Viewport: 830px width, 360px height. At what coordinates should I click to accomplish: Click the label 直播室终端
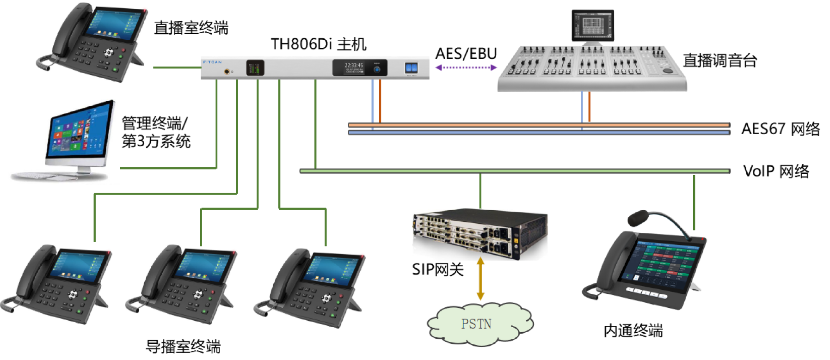[x=191, y=28]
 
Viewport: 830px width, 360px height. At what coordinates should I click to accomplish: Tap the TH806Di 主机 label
[x=319, y=44]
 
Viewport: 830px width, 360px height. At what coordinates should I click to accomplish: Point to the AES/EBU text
[x=466, y=54]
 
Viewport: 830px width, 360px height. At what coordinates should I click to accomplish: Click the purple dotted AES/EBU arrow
[x=466, y=67]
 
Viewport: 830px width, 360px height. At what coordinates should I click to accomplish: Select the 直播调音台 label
[x=719, y=61]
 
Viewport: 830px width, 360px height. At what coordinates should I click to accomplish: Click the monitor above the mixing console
[x=592, y=24]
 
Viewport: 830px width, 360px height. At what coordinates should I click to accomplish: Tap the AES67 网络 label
[x=781, y=129]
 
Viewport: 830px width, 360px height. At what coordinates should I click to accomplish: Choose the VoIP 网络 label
[x=776, y=171]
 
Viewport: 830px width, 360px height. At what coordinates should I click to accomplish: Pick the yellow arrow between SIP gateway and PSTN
[x=480, y=279]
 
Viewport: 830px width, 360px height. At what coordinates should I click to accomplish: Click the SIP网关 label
[x=437, y=269]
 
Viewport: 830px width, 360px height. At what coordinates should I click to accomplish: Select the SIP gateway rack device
[x=480, y=233]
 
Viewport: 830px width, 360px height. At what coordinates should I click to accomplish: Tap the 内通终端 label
[x=633, y=331]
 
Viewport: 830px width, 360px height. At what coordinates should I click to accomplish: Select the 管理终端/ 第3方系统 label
[x=155, y=132]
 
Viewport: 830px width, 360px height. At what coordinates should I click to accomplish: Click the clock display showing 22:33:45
[x=354, y=66]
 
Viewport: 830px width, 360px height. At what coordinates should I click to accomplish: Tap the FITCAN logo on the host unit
[x=212, y=62]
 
